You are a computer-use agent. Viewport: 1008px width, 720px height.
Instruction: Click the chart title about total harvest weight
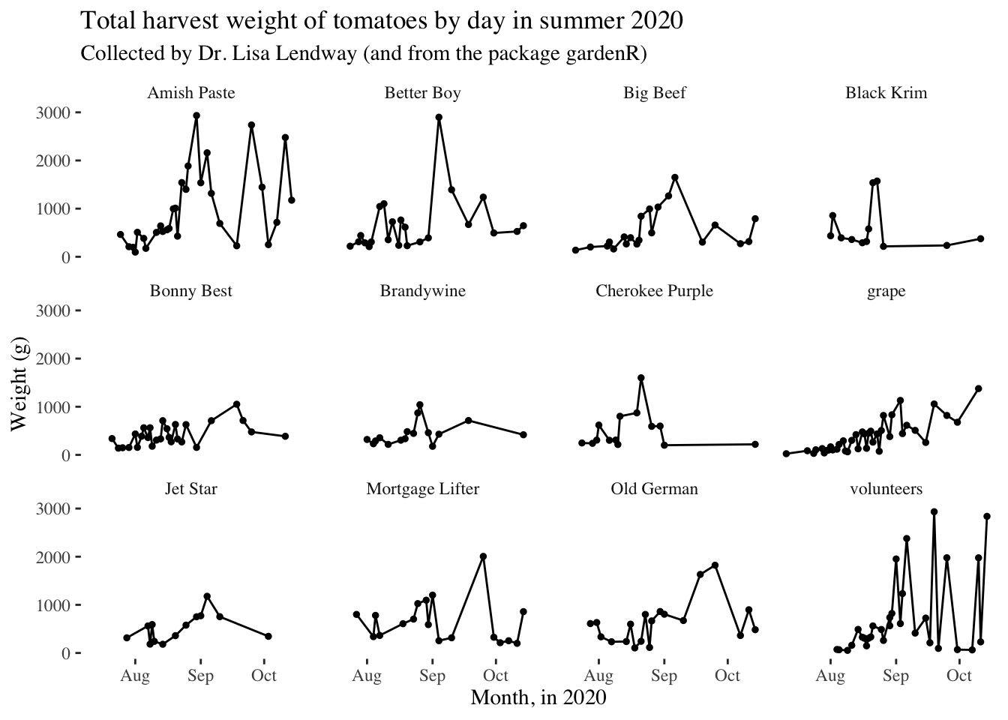(382, 21)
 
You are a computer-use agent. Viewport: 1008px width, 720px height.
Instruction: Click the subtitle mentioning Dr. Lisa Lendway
(364, 53)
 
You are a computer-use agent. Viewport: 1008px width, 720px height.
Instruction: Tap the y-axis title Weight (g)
(19, 384)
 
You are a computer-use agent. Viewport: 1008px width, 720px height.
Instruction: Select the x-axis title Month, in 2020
(538, 697)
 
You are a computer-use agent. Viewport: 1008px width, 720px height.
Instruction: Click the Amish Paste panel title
(191, 93)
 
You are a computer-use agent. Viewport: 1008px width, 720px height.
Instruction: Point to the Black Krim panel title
(886, 93)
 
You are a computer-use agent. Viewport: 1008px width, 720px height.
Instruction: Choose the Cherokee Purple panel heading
(654, 291)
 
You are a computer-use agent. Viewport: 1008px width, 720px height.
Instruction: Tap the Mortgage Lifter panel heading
(423, 489)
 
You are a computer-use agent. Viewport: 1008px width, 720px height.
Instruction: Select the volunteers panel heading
(886, 489)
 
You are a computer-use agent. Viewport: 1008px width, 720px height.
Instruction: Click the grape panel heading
(886, 292)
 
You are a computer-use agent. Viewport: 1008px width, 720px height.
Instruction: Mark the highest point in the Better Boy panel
(439, 118)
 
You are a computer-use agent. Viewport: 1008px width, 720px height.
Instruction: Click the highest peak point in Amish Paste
(196, 115)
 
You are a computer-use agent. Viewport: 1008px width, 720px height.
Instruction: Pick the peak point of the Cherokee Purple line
(641, 378)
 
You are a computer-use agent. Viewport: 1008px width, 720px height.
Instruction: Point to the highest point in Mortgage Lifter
(483, 556)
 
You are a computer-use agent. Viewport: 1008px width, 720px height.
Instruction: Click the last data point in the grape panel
(978, 388)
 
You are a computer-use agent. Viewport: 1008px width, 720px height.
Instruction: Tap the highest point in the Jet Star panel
(207, 596)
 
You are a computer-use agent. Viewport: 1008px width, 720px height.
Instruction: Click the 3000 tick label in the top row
(53, 112)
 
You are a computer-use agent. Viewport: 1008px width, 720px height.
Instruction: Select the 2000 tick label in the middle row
(53, 359)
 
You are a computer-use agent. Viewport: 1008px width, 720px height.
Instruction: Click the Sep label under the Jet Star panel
(201, 676)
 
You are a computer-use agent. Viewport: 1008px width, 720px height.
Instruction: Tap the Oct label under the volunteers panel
(959, 676)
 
